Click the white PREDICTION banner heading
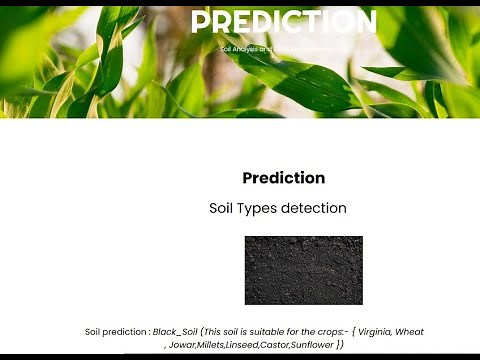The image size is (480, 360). click(x=283, y=23)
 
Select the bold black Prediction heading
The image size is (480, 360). click(x=283, y=178)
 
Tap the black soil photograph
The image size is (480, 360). click(x=303, y=270)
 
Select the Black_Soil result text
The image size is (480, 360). click(x=175, y=332)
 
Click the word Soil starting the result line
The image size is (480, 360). click(x=94, y=332)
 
